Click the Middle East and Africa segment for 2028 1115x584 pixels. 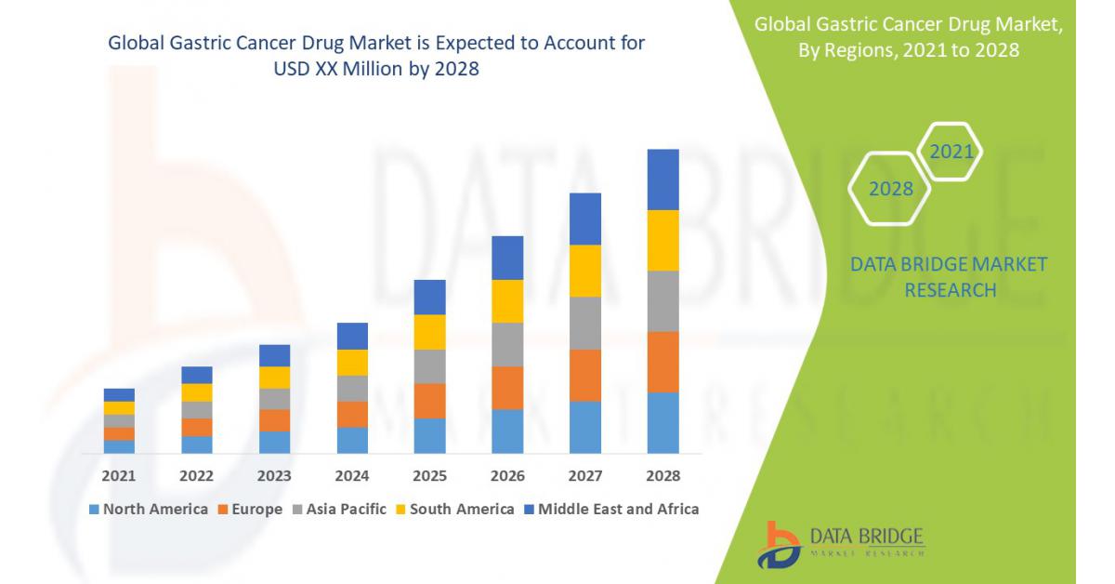[x=662, y=179]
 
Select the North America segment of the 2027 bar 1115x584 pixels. [x=585, y=427]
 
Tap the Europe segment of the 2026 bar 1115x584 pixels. [x=507, y=388]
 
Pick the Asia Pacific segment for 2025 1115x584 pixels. [x=429, y=366]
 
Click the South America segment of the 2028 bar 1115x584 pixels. [x=662, y=240]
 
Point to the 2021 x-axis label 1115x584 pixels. [x=119, y=476]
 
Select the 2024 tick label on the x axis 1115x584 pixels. [x=352, y=476]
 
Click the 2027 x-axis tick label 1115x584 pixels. [x=585, y=476]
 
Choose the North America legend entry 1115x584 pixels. [x=149, y=509]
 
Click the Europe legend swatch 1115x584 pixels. [x=223, y=510]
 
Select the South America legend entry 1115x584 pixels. [x=454, y=509]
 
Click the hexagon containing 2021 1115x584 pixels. [x=951, y=152]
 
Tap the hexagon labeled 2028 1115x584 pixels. [x=890, y=189]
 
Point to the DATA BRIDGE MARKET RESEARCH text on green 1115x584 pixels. [x=949, y=277]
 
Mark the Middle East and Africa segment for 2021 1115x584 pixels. [x=119, y=395]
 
